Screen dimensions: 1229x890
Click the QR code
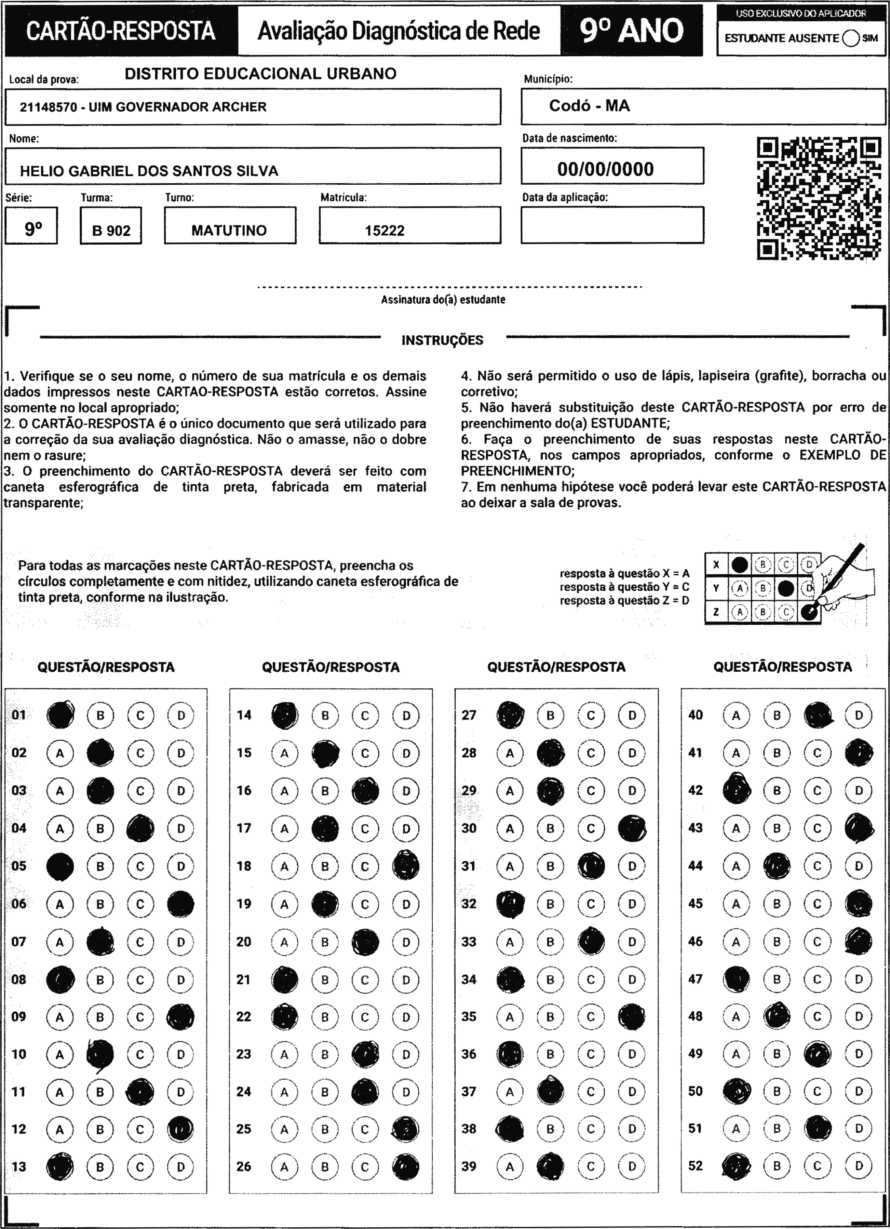click(819, 198)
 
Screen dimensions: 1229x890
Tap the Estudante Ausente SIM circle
click(850, 39)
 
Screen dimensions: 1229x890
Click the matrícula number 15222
click(385, 230)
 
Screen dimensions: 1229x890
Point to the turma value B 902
click(111, 230)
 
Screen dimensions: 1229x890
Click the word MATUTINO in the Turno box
click(229, 230)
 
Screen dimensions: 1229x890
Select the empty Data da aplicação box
click(612, 225)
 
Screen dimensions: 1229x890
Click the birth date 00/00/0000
click(606, 169)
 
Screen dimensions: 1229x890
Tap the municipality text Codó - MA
click(589, 106)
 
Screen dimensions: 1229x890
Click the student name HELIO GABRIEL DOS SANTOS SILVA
click(149, 171)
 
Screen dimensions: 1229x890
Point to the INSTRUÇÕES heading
click(442, 340)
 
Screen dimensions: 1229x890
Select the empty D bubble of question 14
click(406, 715)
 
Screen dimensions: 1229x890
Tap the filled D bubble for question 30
click(632, 829)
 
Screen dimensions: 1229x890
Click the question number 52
click(695, 1165)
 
